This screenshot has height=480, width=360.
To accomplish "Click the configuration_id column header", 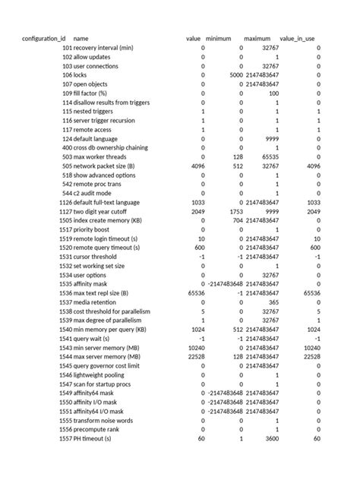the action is (43, 38).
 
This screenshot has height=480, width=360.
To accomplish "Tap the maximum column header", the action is (257, 38).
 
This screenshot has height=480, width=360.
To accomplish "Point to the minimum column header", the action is (219, 38).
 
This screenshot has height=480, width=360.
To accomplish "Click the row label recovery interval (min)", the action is (103, 48).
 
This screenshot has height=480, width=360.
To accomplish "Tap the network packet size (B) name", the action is (105, 166).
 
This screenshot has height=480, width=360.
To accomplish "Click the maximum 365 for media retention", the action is (275, 302).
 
